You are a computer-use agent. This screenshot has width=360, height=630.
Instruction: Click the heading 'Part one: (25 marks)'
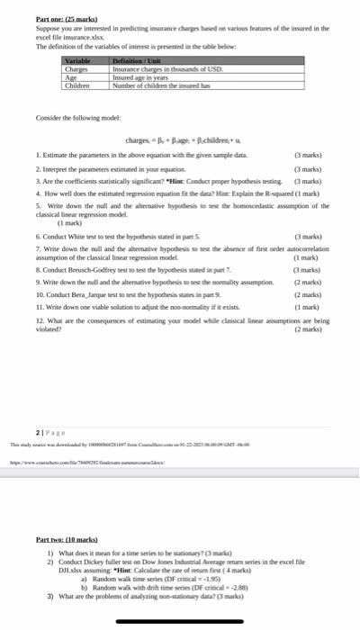[x=67, y=18]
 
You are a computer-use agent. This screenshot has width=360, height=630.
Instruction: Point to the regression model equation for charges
[x=182, y=139]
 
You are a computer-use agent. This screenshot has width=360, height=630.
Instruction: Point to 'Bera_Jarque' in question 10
[x=89, y=294]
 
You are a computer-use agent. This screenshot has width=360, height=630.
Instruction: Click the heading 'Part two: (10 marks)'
[x=67, y=540]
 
